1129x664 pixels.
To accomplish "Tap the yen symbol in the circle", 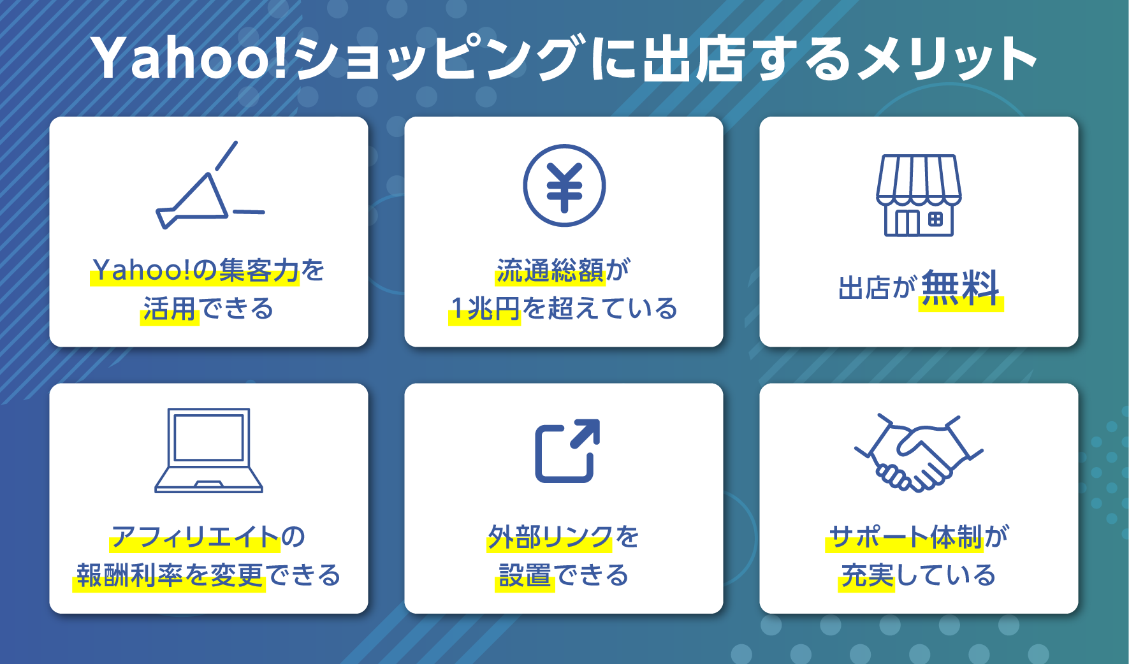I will [564, 186].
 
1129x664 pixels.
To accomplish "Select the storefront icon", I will [919, 196].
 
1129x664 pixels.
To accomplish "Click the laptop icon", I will [208, 451].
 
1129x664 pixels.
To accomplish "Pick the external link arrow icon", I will [567, 451].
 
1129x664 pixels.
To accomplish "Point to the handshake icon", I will [919, 453].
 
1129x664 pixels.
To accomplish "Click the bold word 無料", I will [961, 289].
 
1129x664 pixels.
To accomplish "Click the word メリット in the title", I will [946, 59].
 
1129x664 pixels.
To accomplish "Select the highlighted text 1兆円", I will [485, 309].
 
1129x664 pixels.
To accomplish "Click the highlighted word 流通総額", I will [550, 271].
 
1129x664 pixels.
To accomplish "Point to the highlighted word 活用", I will [170, 309].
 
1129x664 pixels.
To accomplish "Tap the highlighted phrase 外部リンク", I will [550, 537].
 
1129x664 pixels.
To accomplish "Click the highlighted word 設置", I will [525, 575].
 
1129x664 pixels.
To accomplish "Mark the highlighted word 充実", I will [867, 575].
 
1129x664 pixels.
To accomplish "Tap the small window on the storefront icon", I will [935, 220].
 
